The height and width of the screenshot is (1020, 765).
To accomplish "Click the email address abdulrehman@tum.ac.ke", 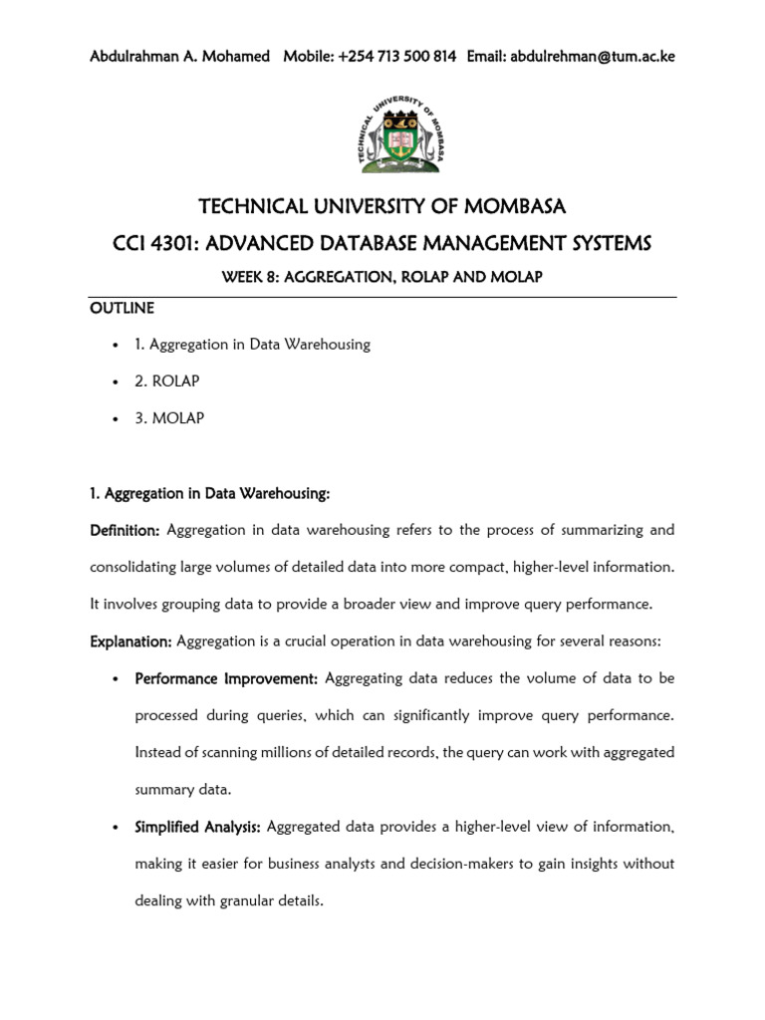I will point(592,57).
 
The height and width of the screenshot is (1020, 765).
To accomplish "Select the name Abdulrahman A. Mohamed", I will point(179,57).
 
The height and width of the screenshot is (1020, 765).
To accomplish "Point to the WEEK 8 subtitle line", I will point(382,276).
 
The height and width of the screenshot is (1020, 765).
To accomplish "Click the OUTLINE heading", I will point(122,308).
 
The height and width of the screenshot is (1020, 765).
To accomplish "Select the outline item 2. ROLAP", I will point(169,382).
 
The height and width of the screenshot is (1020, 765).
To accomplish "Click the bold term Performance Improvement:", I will point(226,678).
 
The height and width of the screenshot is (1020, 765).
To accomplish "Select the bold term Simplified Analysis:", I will point(198,827).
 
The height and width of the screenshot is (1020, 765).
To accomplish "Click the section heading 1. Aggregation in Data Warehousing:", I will point(209,493).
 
